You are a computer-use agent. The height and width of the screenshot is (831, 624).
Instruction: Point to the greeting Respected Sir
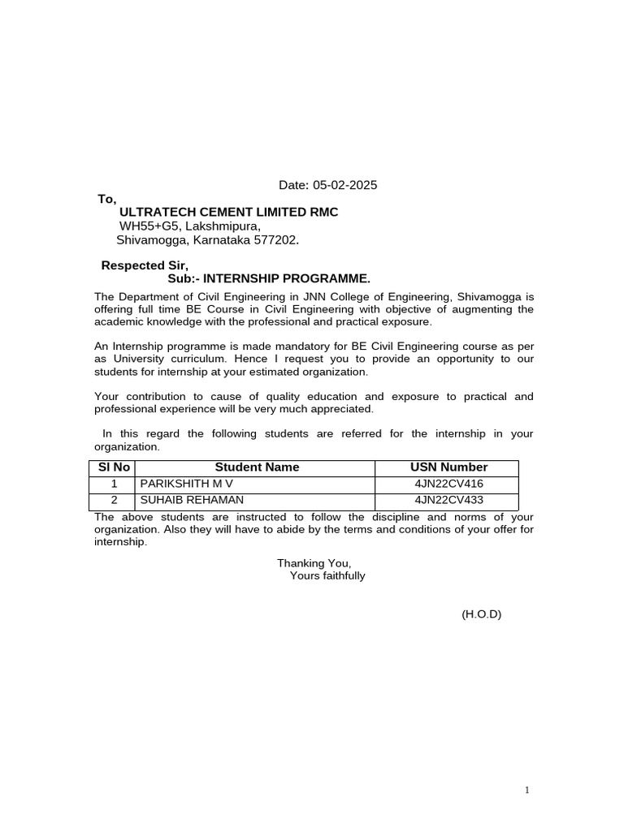click(144, 265)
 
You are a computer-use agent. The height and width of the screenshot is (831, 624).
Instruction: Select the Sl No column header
click(114, 467)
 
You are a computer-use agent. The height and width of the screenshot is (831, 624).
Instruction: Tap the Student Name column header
click(257, 467)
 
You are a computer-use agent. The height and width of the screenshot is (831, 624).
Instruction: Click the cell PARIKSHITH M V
click(186, 484)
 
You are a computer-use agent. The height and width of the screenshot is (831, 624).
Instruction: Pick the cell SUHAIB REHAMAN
click(192, 500)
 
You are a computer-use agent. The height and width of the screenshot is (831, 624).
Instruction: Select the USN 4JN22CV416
click(448, 484)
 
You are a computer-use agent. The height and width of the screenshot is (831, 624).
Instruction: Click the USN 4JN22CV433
click(448, 500)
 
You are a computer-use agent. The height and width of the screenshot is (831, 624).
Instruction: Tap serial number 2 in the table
click(115, 500)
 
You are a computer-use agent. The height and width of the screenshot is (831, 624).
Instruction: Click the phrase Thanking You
click(314, 562)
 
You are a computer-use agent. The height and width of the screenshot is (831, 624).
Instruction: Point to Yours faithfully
click(327, 576)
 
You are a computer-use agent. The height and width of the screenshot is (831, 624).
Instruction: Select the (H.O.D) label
click(482, 614)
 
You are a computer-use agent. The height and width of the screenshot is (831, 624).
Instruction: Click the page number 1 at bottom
click(527, 790)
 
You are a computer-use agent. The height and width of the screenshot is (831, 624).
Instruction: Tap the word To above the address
click(107, 199)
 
